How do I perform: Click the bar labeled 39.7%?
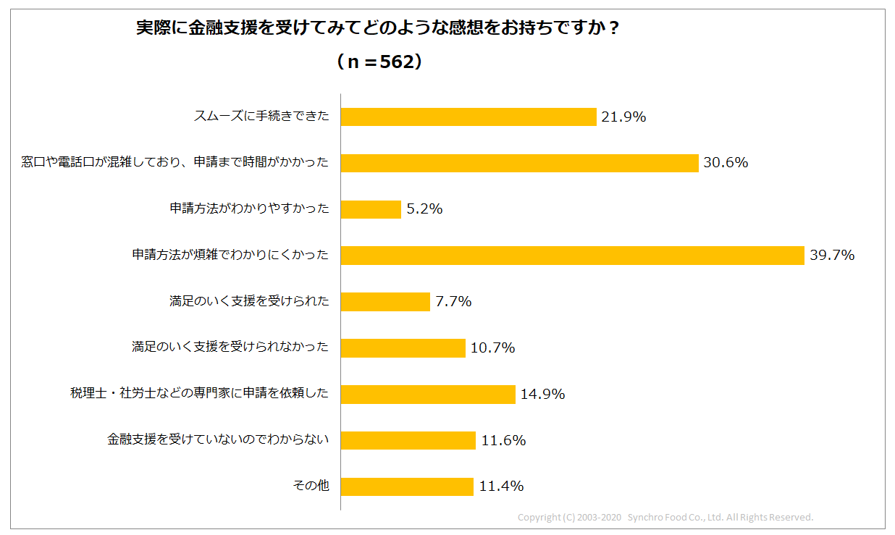[x=572, y=256]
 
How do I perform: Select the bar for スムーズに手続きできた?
[x=468, y=117]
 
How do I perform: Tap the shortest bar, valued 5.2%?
[x=371, y=209]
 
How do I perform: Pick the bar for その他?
[x=407, y=486]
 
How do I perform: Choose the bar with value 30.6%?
[x=519, y=163]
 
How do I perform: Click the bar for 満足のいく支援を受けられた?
[x=385, y=302]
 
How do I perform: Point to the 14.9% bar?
[x=428, y=395]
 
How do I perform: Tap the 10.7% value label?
[x=492, y=348]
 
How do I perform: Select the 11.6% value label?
[x=503, y=440]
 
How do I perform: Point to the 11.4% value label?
[x=501, y=486]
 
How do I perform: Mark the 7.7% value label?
[x=453, y=302]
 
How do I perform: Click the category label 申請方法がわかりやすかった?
[x=249, y=209]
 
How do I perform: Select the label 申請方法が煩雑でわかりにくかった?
[x=230, y=256]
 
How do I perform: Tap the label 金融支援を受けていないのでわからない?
[x=218, y=440]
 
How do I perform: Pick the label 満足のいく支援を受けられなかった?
[x=230, y=348]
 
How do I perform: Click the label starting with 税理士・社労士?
[x=199, y=395]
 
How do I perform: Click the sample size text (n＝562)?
[x=379, y=62]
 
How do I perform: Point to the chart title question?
[x=379, y=28]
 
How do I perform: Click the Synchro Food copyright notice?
[x=665, y=518]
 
